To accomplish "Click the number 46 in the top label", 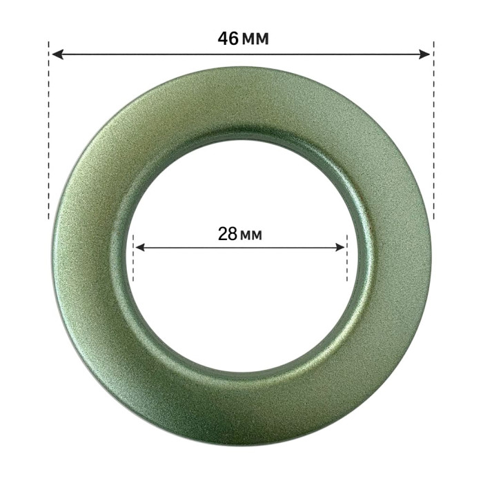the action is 228,39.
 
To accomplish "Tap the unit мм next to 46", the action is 256,40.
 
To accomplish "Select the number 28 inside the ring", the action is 228,234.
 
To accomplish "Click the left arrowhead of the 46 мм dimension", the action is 57,55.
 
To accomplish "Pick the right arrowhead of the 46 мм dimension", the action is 424,55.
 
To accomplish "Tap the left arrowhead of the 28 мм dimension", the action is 140,247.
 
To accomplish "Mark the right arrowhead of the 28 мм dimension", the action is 339,247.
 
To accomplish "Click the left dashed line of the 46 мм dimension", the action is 49,130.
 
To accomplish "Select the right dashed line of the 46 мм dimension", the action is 434,130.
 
